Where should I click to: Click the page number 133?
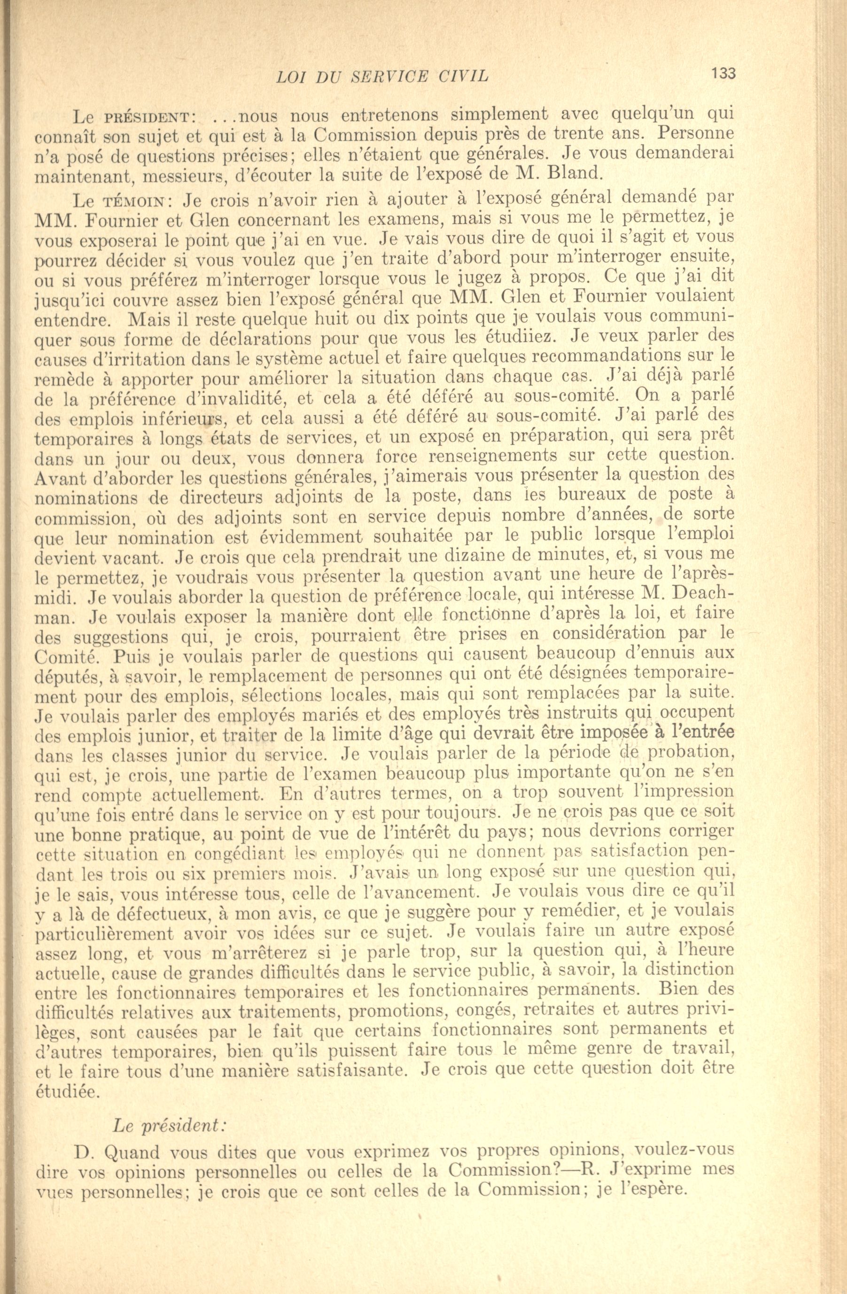(723, 73)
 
